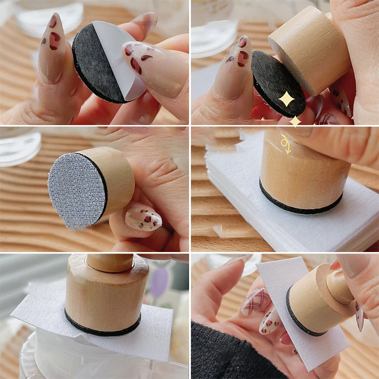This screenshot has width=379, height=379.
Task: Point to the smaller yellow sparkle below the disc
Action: click(x=295, y=121)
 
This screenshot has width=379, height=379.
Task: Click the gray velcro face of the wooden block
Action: click(x=76, y=189)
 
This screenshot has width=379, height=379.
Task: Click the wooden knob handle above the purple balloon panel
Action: click(x=109, y=262)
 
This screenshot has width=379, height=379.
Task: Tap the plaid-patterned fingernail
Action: click(x=256, y=302)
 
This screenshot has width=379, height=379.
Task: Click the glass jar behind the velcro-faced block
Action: click(x=19, y=147)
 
